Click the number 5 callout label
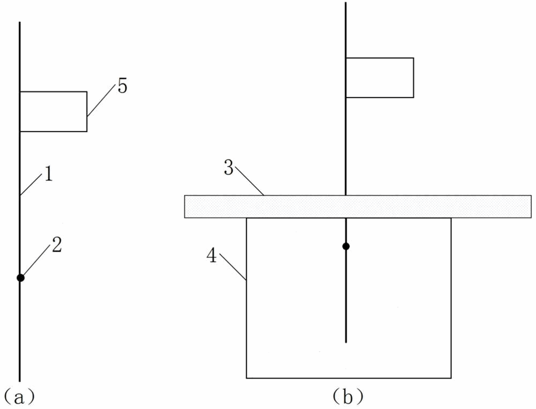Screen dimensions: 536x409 [123, 87]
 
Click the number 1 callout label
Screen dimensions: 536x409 [48, 175]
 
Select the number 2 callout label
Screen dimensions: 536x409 [57, 245]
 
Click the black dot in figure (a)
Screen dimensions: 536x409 [20, 277]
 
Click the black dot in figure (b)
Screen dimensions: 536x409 [346, 246]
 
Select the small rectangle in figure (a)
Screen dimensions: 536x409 [54, 111]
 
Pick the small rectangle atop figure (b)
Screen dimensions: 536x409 [379, 78]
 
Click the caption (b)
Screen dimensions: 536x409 [348, 397]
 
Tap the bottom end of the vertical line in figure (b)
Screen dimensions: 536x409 [346, 341]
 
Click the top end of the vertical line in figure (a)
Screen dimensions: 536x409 [20, 23]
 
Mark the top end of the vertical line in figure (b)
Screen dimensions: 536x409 [346, 3]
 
